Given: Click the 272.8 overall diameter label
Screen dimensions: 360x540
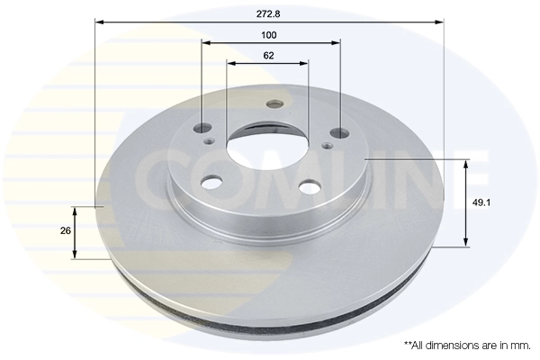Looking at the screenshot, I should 269,12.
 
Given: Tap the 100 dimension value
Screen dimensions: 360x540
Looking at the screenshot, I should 269,35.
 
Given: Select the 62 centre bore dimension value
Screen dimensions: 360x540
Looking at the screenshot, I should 269,56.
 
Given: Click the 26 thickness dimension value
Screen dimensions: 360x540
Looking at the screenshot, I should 65,231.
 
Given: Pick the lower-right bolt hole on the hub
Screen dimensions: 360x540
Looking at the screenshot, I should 309,187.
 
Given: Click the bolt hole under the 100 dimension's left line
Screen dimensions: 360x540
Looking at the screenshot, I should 202,130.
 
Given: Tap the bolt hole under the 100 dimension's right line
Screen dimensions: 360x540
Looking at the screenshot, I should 339,133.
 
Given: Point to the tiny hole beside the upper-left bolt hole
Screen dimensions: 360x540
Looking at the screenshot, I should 210,140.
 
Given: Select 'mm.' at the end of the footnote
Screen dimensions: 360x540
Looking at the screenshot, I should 519,345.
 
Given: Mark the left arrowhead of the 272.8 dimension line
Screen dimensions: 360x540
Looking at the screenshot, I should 99,22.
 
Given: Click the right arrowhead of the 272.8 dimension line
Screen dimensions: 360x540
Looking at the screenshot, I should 440,22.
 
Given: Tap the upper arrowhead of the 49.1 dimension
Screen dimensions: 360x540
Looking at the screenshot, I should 466,164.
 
